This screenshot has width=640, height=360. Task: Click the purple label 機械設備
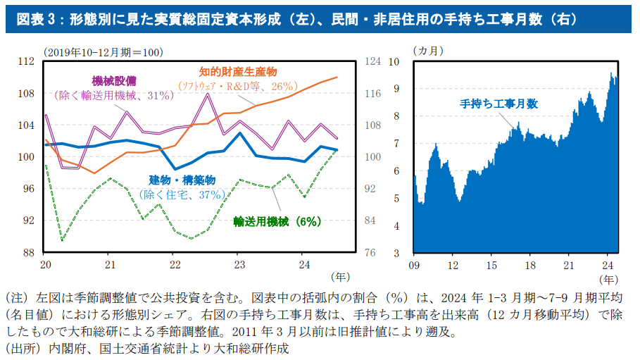click(x=114, y=80)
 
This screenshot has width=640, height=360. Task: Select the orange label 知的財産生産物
click(x=238, y=72)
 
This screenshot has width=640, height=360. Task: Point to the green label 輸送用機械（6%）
click(x=277, y=221)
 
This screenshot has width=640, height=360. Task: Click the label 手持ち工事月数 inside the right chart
click(x=499, y=104)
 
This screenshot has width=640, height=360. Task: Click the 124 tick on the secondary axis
click(x=372, y=61)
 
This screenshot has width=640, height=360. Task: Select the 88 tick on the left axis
click(x=28, y=252)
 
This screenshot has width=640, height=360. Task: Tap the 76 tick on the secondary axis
click(x=370, y=252)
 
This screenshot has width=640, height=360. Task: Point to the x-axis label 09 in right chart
click(x=414, y=266)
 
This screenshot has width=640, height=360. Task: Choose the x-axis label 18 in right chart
click(x=530, y=266)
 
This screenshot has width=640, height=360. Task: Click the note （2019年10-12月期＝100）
click(x=103, y=51)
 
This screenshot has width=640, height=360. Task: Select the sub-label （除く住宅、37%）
click(x=182, y=194)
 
